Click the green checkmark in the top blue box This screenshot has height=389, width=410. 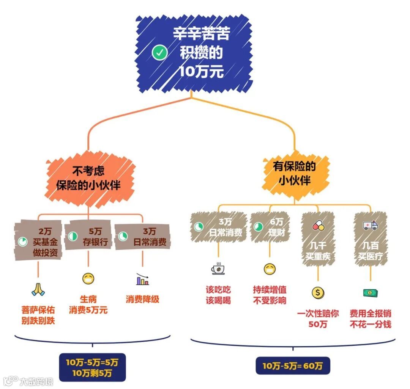pos(159,53)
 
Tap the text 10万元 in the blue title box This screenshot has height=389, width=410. pos(202,71)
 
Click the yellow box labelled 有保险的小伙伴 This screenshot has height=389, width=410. pos(295,173)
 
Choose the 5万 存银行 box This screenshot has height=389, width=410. pos(88,236)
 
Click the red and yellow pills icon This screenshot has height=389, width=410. pos(318,226)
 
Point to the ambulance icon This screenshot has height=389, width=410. pos(371,226)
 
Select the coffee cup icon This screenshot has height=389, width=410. pos(218,268)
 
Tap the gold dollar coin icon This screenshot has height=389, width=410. pos(318,292)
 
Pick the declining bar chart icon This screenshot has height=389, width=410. pos(142,280)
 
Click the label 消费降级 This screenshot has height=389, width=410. pos(142,299)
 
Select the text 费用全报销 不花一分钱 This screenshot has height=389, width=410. pos(371,319)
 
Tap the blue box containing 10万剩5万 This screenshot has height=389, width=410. pos(92,367)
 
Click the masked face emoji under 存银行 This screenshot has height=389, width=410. pos(88,279)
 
